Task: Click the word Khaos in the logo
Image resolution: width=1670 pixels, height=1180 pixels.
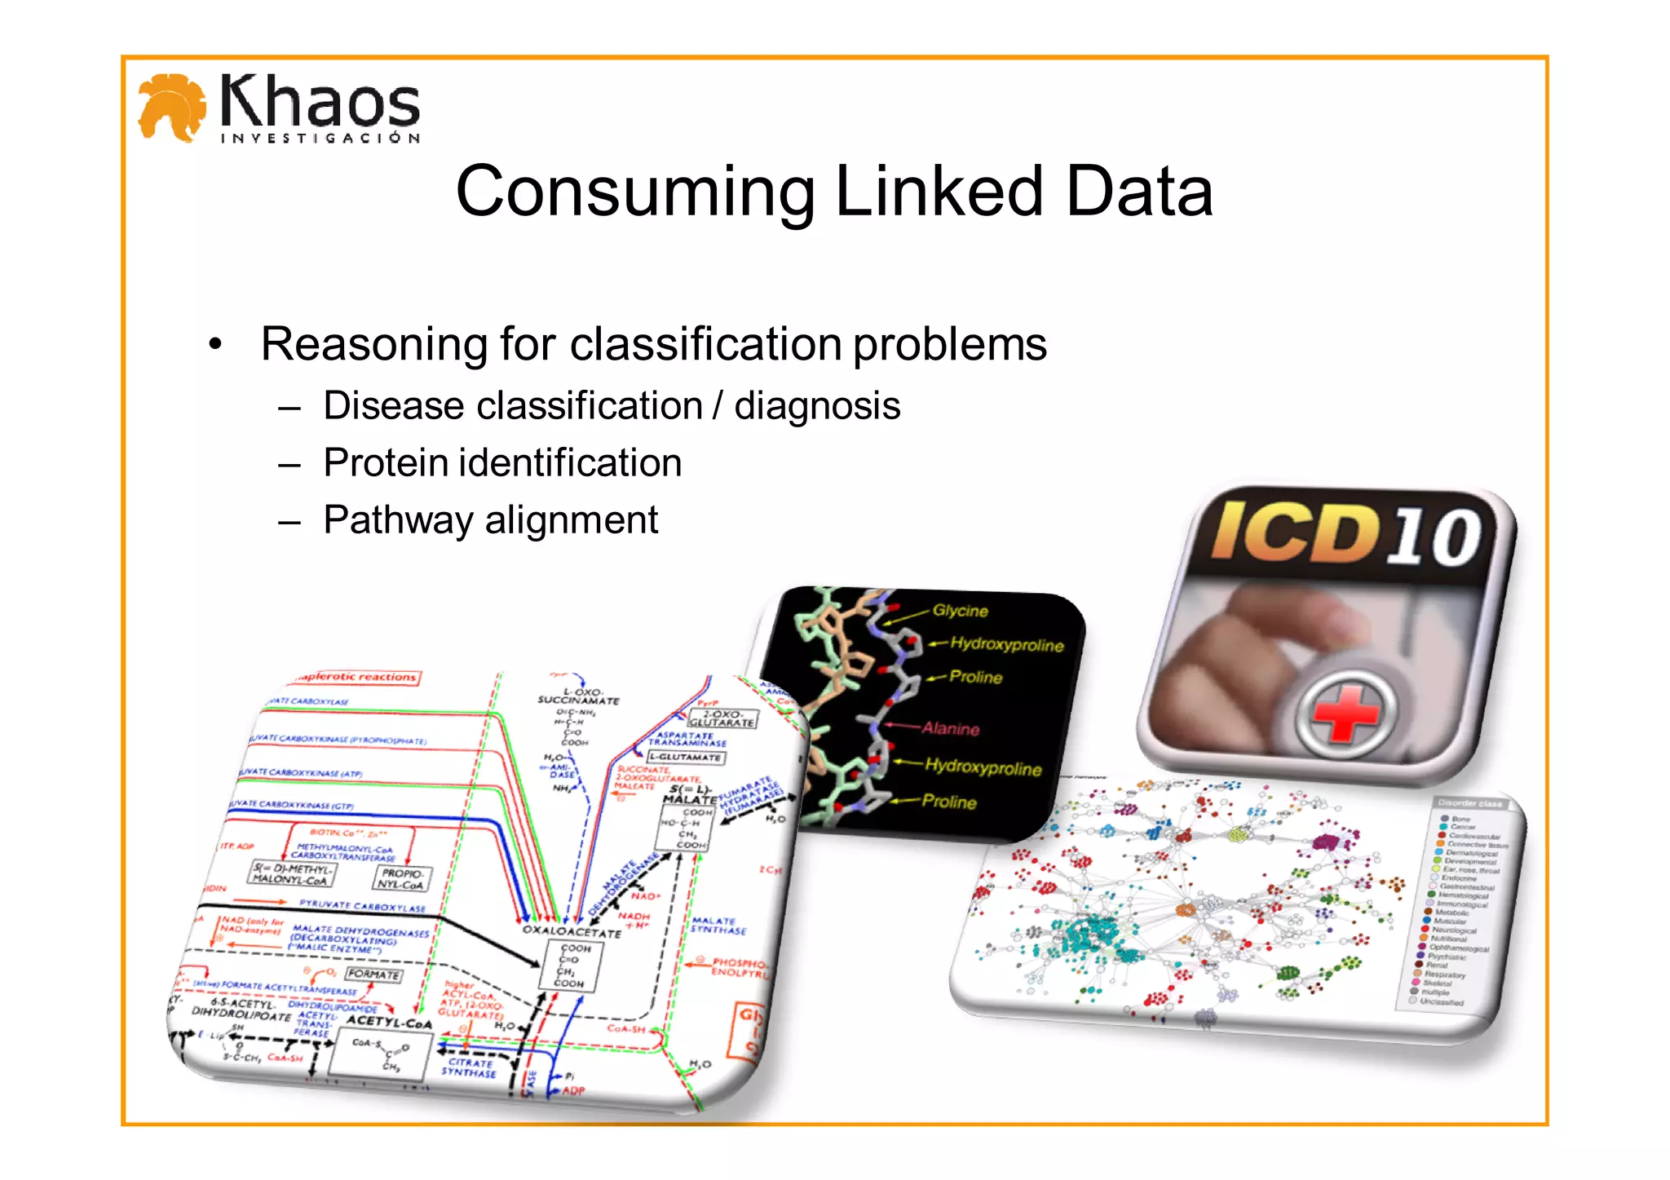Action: tap(320, 102)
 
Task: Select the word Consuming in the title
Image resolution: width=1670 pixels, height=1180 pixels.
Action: tap(634, 193)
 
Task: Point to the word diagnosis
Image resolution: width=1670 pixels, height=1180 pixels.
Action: tap(817, 406)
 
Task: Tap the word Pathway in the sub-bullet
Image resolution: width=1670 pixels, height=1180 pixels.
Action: tap(397, 520)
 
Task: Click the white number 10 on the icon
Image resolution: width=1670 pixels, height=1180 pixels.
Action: tap(1434, 537)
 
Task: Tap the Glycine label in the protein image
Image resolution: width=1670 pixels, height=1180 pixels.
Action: tap(960, 611)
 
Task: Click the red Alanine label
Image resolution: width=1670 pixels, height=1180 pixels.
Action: tap(950, 728)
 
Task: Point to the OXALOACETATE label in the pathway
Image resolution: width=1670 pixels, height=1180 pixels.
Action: tap(571, 930)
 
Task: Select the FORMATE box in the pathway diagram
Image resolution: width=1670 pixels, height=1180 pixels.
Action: tap(373, 974)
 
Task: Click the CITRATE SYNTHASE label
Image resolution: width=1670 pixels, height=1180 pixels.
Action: tap(470, 1067)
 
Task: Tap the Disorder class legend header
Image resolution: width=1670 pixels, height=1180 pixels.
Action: tap(1469, 803)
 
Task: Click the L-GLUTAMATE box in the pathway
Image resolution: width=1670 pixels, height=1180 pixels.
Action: tap(685, 758)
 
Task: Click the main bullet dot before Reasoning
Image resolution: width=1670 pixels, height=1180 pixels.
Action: tap(214, 344)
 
